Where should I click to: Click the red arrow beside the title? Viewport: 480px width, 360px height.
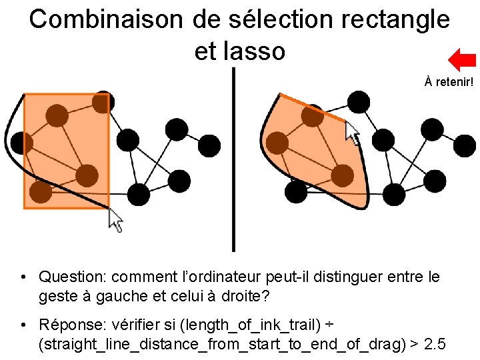click(x=461, y=59)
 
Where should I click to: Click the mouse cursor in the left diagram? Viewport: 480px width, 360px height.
click(x=116, y=220)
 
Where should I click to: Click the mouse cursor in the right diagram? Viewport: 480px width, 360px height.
click(x=352, y=133)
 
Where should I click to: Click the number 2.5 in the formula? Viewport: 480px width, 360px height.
click(x=434, y=345)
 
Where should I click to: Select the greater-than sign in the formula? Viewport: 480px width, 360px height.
click(x=414, y=345)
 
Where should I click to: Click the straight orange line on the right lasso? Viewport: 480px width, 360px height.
click(x=313, y=108)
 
